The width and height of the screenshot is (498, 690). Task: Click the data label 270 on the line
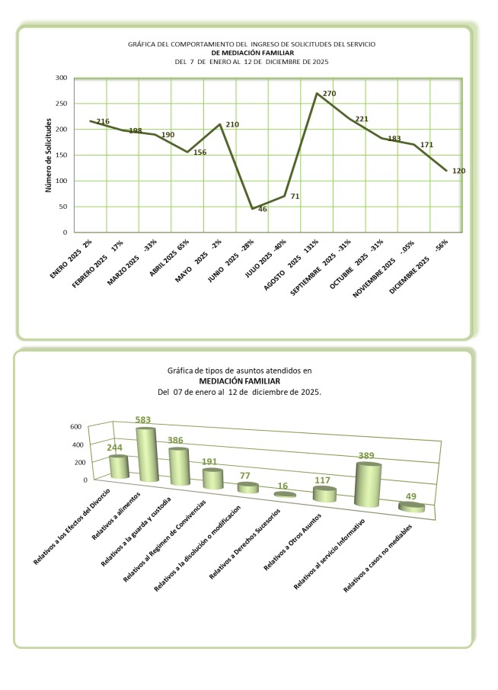(330, 93)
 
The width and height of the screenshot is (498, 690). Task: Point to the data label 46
(263, 209)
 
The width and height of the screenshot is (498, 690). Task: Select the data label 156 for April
(200, 152)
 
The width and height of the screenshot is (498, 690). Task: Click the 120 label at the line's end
(458, 171)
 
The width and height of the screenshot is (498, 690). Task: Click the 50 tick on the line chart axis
(63, 207)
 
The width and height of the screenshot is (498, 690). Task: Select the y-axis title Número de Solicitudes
(48, 155)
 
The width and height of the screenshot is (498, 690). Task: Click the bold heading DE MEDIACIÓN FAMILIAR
(251, 53)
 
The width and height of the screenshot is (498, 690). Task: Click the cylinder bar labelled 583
(148, 456)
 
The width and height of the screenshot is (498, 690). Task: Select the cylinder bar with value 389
(369, 485)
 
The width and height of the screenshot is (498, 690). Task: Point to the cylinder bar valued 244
(119, 467)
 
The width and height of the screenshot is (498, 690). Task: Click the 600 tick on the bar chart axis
(75, 427)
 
